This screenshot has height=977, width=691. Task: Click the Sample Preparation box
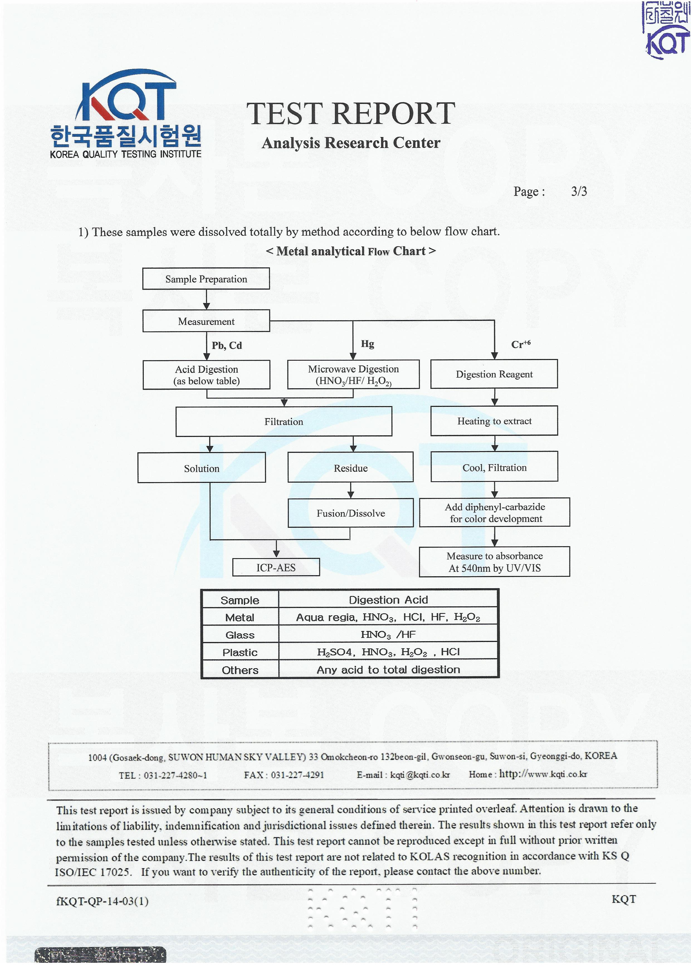point(206,279)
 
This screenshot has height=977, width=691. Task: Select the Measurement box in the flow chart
point(206,321)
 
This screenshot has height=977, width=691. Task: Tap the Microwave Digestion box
point(353,375)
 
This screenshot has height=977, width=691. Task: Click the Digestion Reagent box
point(494,374)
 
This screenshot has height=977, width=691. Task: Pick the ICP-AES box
point(276,567)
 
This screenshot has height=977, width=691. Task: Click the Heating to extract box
point(494,421)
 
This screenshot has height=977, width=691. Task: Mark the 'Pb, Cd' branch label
point(227,345)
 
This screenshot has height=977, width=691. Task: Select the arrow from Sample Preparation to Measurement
point(206,300)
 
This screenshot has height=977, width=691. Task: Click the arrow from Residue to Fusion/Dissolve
point(351,490)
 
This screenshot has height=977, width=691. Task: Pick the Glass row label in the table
point(240,635)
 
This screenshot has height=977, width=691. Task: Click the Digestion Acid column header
point(388,600)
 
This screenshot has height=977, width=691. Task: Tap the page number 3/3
point(579,191)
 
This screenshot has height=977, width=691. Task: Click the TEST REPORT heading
point(351,114)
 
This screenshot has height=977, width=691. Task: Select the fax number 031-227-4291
point(297,775)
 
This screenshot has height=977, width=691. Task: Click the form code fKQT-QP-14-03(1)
point(102,901)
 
